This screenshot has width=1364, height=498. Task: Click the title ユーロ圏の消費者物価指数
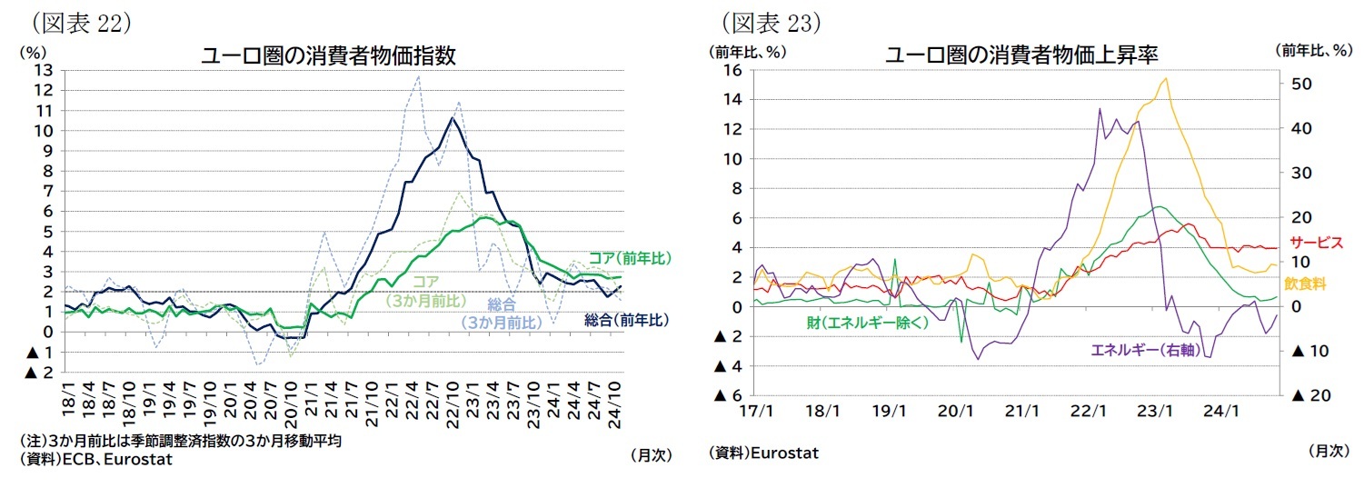(328, 55)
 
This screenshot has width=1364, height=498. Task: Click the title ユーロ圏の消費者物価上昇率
(1021, 55)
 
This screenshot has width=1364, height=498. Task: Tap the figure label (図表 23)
(771, 21)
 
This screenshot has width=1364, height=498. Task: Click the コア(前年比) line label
(629, 259)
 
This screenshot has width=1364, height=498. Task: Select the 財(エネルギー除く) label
(867, 323)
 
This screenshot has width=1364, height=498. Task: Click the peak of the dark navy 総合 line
(453, 117)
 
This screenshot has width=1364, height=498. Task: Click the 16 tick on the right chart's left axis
(733, 70)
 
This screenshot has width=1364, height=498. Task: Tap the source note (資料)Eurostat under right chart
(763, 453)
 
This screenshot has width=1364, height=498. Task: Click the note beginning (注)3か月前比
(179, 441)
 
